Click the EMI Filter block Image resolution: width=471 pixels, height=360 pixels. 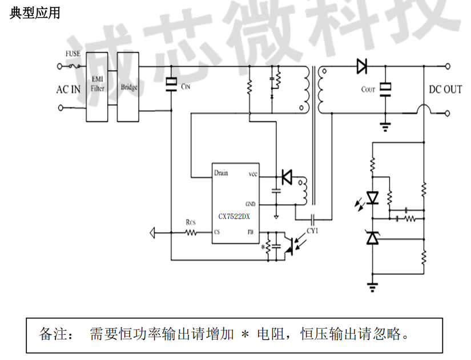coord(98,86)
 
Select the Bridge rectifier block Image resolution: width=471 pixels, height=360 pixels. coord(128,87)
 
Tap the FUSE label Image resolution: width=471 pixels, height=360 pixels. coord(73,54)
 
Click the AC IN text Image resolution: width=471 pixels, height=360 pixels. coord(68,90)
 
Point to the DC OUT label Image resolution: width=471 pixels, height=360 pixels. coord(445,90)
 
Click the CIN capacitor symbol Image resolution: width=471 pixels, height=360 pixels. coord(171,84)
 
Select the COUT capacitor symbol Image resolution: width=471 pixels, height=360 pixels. coord(386,88)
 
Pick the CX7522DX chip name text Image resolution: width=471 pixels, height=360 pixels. coord(234,217)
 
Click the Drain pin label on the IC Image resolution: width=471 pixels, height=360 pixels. coord(221,173)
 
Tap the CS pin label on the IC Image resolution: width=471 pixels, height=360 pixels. coord(217,233)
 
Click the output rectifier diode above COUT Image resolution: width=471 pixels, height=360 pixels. coord(361,67)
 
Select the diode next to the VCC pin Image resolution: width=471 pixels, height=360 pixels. coord(286,177)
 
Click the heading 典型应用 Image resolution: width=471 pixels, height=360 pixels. coord(35,13)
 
